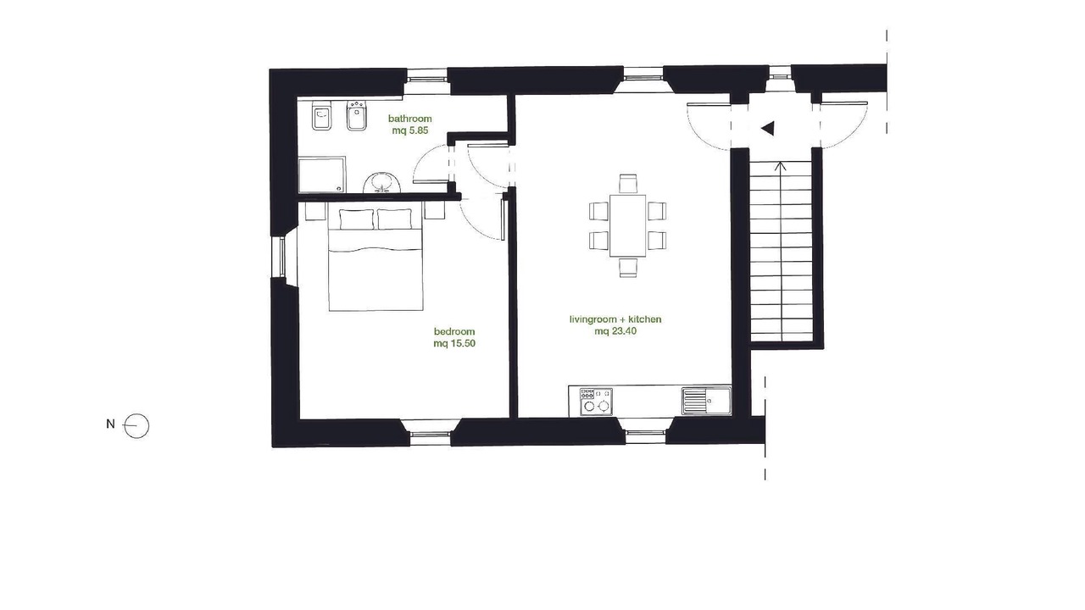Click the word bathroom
(x=409, y=119)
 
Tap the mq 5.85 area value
(x=410, y=130)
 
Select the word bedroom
(x=454, y=331)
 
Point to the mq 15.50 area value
(x=454, y=344)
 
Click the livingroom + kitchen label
(x=615, y=319)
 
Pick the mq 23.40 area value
(x=615, y=331)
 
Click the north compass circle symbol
(x=136, y=426)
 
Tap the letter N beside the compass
(x=110, y=424)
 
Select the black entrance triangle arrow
(x=768, y=128)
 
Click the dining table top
(x=628, y=225)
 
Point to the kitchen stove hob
(x=596, y=401)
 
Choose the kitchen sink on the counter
(x=706, y=401)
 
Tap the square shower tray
(x=322, y=175)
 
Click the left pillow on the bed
(x=357, y=219)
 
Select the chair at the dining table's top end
(x=628, y=184)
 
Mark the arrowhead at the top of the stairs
(x=781, y=166)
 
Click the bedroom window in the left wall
(x=281, y=257)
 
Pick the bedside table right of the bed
(x=435, y=211)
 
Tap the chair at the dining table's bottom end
(x=628, y=267)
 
